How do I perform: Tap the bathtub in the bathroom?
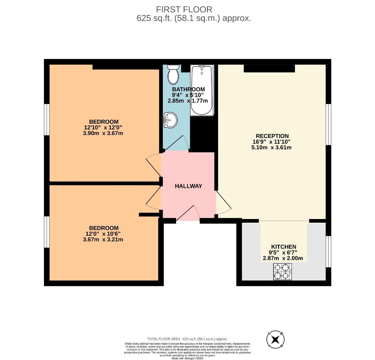pos(201,90)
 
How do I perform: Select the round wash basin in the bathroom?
pos(170,119)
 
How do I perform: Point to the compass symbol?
pos(275,340)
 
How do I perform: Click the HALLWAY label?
pos(188,186)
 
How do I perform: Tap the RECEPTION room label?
pos(272,136)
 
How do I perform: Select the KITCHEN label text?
pos(283,247)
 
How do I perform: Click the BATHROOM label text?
pos(188,89)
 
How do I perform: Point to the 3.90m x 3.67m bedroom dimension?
pos(103,133)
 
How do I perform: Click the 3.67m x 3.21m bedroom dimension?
pos(103,240)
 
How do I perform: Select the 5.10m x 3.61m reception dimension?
pos(271,147)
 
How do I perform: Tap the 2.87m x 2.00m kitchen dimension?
pos(283,258)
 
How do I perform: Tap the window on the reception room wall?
pos(328,124)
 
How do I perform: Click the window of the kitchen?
pos(328,252)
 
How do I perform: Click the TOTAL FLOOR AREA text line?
pos(187,339)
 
